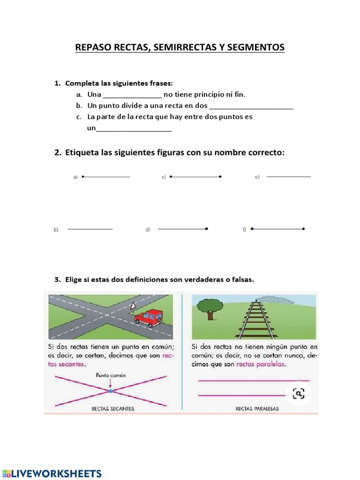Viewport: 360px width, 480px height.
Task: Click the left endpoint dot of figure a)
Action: click(83, 177)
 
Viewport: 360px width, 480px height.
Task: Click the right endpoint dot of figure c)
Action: click(220, 177)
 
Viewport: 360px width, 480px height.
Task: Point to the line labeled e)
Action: click(288, 177)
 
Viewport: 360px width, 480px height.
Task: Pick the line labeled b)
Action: click(90, 229)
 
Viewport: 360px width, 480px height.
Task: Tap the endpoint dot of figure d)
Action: click(207, 229)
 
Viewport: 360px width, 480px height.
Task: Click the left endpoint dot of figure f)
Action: click(252, 229)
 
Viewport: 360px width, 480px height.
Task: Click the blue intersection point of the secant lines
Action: click(111, 390)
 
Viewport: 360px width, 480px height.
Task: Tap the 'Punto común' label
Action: click(111, 375)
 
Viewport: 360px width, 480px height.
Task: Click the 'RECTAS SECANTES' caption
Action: click(112, 409)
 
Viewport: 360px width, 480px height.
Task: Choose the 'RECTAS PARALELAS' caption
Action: click(257, 409)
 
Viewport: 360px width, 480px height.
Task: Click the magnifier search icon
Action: click(298, 393)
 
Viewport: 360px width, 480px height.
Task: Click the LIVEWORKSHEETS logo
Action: click(52, 473)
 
